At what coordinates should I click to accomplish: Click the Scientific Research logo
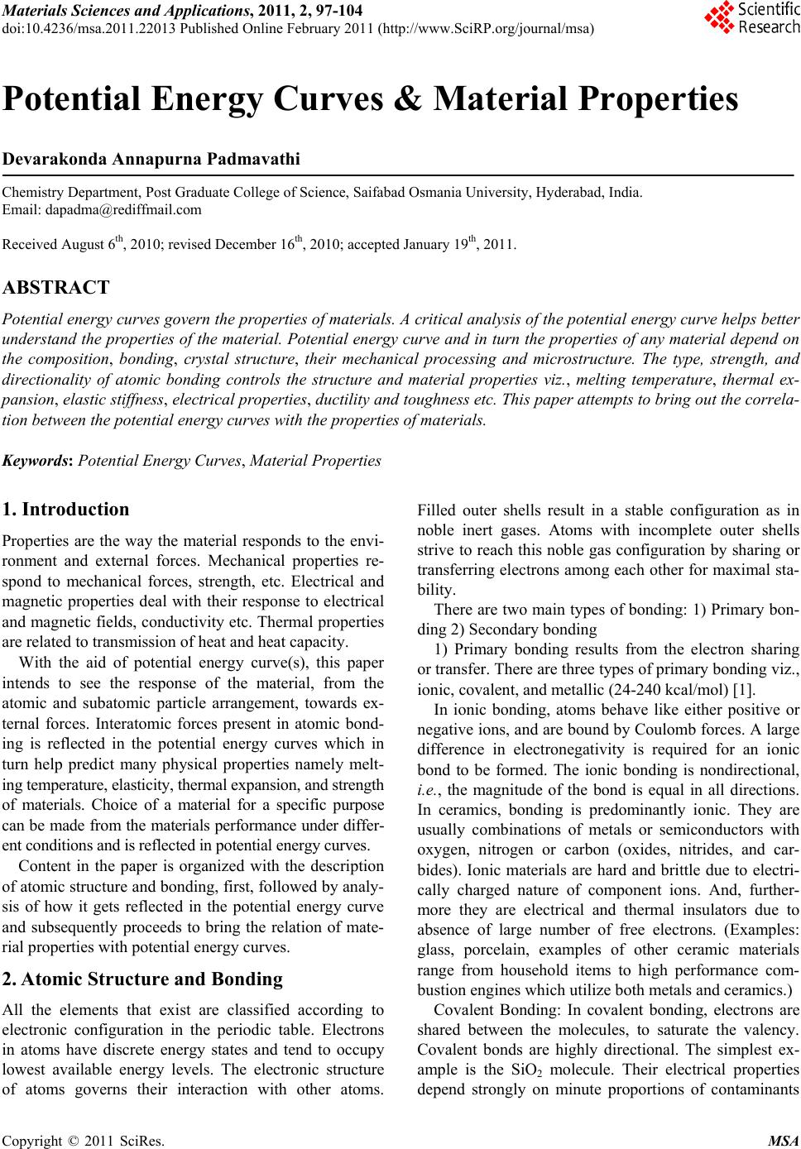(751, 18)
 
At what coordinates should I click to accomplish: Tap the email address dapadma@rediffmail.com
(123, 209)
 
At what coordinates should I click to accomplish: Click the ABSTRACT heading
(56, 288)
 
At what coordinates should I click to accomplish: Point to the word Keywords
(38, 461)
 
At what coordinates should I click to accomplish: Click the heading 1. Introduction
(66, 510)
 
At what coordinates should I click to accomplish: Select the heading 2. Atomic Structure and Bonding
(143, 979)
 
